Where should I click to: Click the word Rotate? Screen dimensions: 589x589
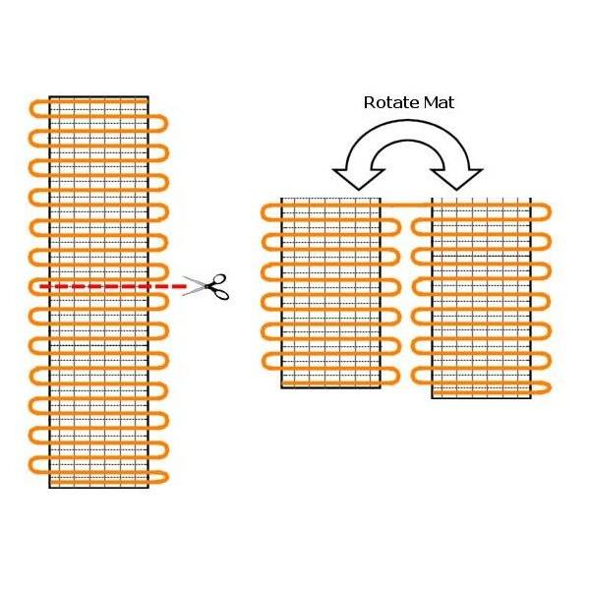point(391,102)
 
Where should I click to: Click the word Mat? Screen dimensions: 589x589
point(440,102)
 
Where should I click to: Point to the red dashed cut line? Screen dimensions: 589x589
point(113,286)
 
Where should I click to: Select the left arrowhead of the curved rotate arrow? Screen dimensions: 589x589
point(359,178)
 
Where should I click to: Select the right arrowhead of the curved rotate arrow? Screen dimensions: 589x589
point(456,178)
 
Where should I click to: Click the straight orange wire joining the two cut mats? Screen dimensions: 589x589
point(406,205)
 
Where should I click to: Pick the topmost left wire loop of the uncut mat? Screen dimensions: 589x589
point(38,109)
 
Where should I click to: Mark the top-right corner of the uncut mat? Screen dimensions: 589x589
point(148,96)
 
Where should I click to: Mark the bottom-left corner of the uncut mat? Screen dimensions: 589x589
point(49,488)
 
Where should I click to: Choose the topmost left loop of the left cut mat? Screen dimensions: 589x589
point(270,212)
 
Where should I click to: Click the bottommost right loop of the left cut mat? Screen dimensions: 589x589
point(390,377)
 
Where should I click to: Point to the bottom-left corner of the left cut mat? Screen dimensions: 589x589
point(281,387)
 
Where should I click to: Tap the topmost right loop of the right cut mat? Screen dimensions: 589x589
point(542,212)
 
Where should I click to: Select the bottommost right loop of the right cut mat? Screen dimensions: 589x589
point(541,388)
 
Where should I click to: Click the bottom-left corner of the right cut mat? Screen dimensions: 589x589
point(432,398)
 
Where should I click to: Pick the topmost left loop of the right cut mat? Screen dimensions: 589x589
point(422,227)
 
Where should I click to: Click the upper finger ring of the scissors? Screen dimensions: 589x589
point(219,280)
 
